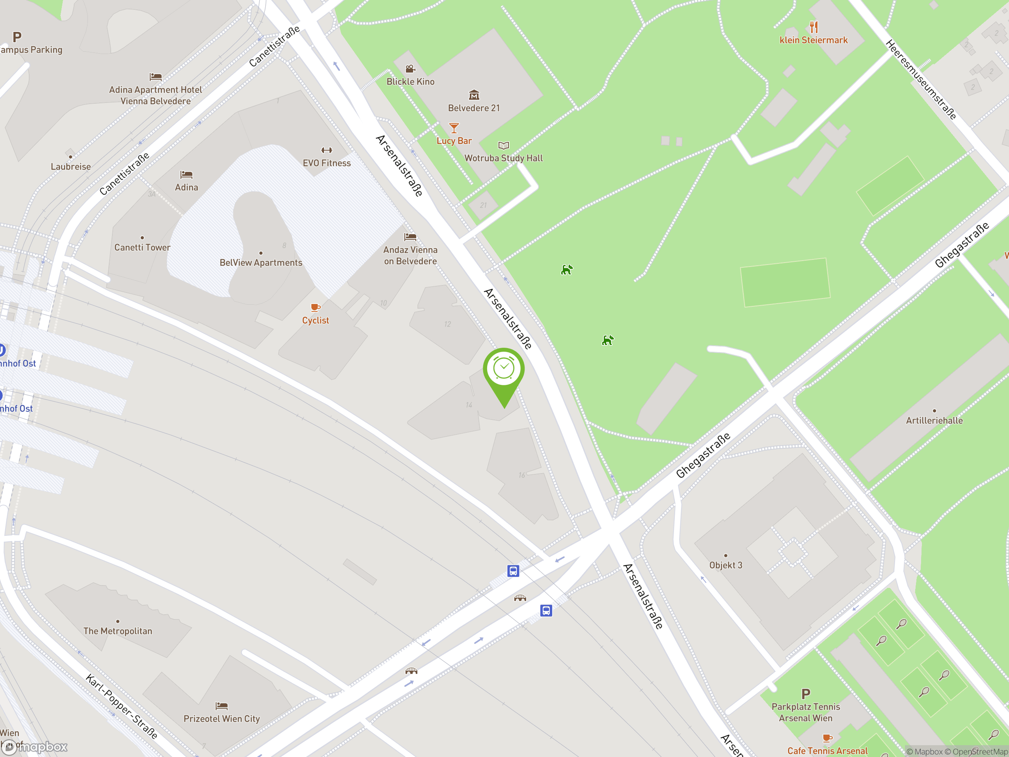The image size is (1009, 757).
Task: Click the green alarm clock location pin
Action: click(504, 369)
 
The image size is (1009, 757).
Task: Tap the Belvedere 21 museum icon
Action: click(474, 95)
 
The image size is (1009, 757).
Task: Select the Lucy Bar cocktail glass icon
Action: click(453, 128)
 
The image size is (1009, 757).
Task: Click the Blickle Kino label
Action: click(411, 82)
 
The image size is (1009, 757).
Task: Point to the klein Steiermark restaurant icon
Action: click(814, 26)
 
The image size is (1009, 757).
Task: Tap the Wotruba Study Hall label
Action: click(503, 158)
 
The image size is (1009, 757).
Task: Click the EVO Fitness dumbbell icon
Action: click(327, 151)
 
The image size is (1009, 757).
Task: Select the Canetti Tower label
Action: click(142, 247)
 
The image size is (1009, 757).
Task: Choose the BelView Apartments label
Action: click(261, 262)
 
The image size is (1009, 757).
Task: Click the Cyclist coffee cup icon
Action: click(315, 308)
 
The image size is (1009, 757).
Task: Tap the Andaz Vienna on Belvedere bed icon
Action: click(410, 237)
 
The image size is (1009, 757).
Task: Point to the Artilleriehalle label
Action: click(934, 420)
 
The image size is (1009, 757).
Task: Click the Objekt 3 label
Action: click(726, 565)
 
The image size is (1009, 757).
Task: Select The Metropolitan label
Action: click(118, 631)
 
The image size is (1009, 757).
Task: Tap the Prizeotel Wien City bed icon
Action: click(222, 706)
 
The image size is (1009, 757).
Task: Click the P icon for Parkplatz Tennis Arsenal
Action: click(806, 694)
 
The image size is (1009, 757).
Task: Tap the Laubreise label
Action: click(71, 166)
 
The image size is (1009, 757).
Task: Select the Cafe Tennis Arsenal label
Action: click(827, 751)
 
